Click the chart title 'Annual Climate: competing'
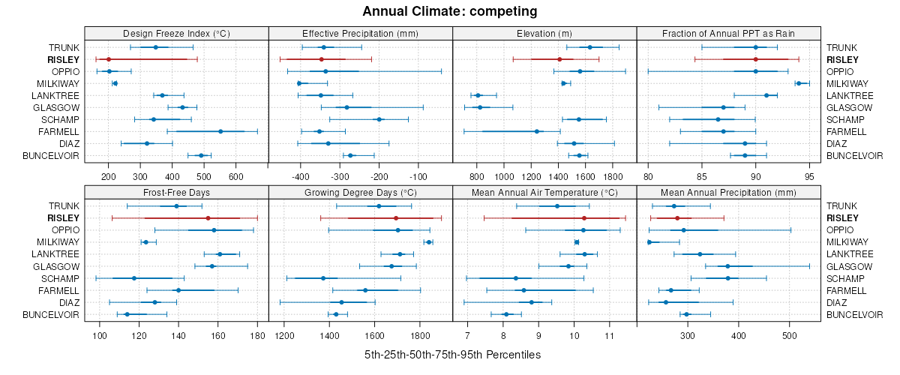click(450, 11)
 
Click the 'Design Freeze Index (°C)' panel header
click(176, 33)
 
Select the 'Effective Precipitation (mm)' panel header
click(360, 33)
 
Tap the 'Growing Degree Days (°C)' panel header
click(360, 192)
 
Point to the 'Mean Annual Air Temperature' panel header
click(544, 192)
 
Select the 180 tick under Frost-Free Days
click(257, 335)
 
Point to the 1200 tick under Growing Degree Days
click(284, 335)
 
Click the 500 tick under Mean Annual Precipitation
click(789, 335)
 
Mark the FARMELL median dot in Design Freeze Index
click(220, 131)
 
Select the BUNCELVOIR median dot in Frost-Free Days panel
click(127, 314)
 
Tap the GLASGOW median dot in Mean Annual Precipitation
click(727, 266)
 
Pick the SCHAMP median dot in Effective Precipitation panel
click(379, 119)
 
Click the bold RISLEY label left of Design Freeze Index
click(64, 59)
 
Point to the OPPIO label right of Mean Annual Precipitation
click(841, 230)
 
